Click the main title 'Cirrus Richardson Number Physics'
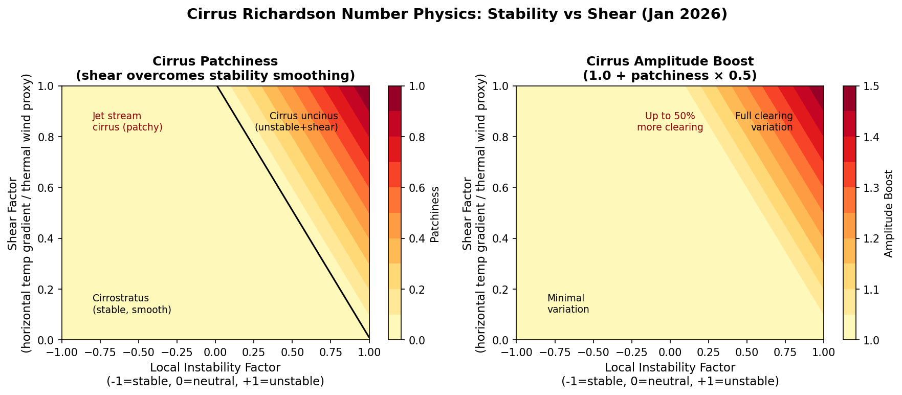coord(456,14)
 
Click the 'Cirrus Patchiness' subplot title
coord(215,61)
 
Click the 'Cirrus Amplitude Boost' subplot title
coord(670,61)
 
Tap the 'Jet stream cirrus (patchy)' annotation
coord(127,122)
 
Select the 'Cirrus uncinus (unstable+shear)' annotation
coord(297,122)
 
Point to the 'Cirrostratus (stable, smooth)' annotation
coord(131,304)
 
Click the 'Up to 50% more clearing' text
coord(670,122)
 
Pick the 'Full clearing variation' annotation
coord(764,122)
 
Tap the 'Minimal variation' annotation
coord(568,304)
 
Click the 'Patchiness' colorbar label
coord(435,213)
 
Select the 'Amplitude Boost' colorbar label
coord(889,213)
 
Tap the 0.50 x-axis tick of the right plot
coord(746,352)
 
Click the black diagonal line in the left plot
coord(292,211)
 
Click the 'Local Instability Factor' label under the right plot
coord(670,367)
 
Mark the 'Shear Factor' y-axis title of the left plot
coord(13,213)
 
